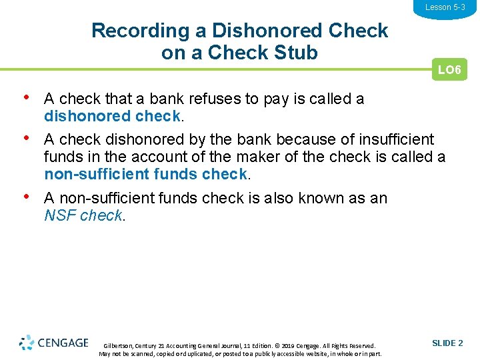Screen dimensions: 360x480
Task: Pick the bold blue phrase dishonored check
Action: (x=112, y=116)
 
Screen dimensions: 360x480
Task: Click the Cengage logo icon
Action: (x=27, y=343)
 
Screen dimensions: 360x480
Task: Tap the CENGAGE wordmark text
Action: (x=63, y=343)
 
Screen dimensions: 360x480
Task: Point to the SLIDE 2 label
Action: (x=447, y=343)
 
